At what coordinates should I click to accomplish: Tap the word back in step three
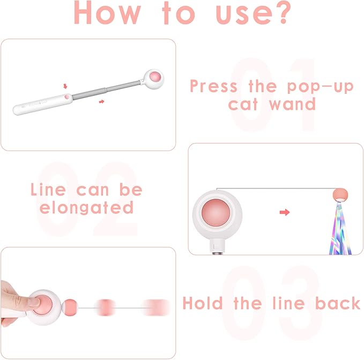coord(338,303)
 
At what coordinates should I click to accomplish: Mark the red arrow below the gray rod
coord(101,101)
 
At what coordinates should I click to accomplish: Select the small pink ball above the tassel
coord(339,194)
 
